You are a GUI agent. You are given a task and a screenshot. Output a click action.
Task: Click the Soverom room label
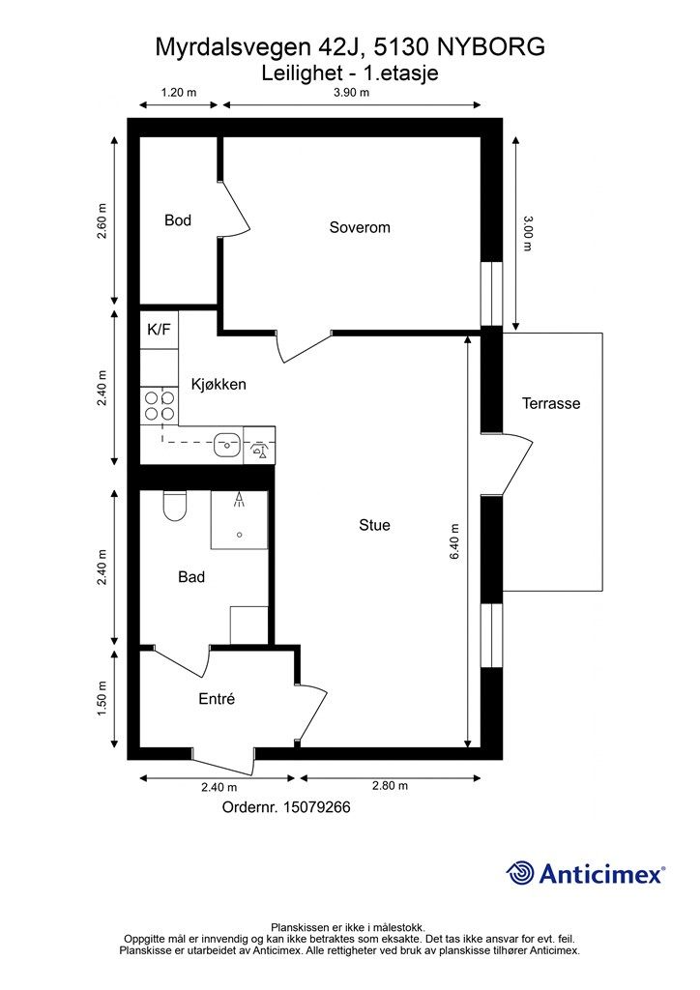click(x=360, y=227)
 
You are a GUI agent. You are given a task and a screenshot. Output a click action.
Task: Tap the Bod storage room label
click(x=177, y=220)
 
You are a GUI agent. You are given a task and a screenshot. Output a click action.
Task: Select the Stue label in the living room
click(x=374, y=525)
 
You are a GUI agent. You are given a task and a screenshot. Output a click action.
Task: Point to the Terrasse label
click(x=551, y=403)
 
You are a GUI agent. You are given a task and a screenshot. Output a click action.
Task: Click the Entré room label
click(x=217, y=699)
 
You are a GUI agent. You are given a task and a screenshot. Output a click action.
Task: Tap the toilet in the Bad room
click(x=175, y=507)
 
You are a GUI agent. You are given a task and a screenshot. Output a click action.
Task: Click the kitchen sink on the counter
click(x=226, y=444)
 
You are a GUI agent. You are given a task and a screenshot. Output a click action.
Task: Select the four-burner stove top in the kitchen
click(x=160, y=406)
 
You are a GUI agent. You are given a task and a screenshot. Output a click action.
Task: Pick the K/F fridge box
click(x=160, y=330)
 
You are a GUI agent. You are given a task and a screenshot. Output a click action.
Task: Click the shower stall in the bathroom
click(x=239, y=519)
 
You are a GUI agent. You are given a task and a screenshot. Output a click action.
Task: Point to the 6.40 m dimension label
click(x=454, y=541)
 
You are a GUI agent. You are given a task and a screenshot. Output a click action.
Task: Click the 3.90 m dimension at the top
click(x=352, y=92)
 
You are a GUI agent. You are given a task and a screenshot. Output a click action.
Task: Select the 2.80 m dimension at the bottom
click(x=390, y=785)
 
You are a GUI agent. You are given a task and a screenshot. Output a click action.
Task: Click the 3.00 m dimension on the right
click(x=528, y=233)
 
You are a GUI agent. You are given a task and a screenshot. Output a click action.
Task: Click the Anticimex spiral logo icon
click(x=519, y=873)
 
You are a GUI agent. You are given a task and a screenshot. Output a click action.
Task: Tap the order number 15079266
click(x=317, y=807)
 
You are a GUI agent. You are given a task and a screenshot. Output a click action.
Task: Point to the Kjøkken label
click(x=219, y=385)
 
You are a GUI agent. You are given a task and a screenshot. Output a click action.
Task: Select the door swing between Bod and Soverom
click(x=235, y=208)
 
